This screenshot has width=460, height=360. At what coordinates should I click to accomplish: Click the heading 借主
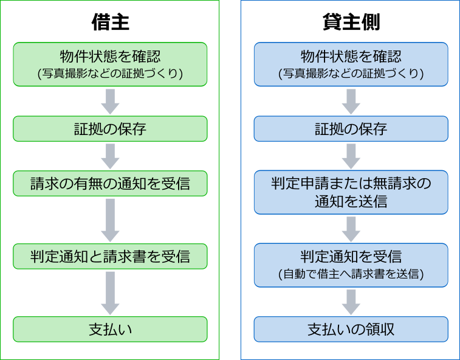(x=111, y=22)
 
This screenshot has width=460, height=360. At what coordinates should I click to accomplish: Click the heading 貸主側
(x=351, y=22)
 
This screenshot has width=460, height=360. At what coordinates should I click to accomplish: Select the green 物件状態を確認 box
(x=110, y=64)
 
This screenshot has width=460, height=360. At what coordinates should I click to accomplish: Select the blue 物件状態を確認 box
(x=351, y=64)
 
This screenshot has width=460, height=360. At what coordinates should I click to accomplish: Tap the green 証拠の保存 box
(x=110, y=128)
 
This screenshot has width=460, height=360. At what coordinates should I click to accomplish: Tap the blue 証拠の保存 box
(x=351, y=128)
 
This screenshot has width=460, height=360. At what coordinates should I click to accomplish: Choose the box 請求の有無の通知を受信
(x=110, y=183)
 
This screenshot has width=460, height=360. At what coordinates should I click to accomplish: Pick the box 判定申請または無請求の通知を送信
(x=351, y=192)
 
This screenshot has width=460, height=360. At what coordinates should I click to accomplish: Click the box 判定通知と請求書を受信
(x=110, y=257)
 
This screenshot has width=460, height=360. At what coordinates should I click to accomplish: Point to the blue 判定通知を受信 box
(x=351, y=265)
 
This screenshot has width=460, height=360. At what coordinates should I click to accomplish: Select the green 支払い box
(x=110, y=329)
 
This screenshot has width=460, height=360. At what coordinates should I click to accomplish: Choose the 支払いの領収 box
(x=351, y=329)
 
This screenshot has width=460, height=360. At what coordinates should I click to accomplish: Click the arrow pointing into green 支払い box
(x=111, y=293)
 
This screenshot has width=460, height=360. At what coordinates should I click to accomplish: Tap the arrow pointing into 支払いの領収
(x=351, y=302)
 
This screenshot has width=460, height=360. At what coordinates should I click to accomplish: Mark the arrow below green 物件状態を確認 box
(x=111, y=102)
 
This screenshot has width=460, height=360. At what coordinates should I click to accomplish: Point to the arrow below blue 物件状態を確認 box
(x=351, y=102)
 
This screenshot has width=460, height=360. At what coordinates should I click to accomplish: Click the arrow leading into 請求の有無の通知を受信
(x=111, y=156)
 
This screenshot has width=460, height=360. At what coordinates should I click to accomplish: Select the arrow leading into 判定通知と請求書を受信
(x=111, y=220)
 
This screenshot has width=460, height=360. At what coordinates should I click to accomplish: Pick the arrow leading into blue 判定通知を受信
(x=351, y=229)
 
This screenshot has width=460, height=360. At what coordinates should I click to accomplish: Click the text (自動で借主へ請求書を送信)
(x=351, y=274)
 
